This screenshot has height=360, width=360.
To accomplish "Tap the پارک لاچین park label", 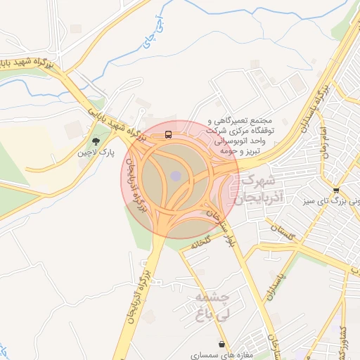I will (x=96, y=151).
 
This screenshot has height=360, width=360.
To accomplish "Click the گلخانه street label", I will (x=201, y=240).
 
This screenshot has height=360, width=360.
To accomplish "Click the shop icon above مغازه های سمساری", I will (x=223, y=345).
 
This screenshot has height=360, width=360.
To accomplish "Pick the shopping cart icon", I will (x=336, y=190).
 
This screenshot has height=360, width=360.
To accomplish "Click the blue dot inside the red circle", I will (x=176, y=175).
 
